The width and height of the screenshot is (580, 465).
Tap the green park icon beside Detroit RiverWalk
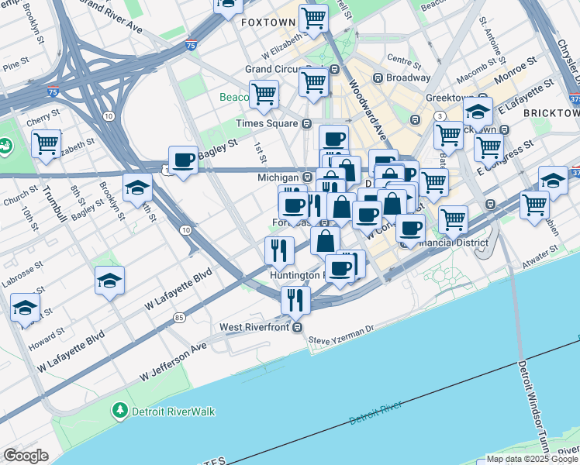point(119,410)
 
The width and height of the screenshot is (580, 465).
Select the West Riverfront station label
point(255,327)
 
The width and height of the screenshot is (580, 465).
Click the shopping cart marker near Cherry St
point(47,144)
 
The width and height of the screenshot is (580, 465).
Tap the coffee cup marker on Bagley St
point(184,160)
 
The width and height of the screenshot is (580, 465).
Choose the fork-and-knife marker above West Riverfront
point(295,299)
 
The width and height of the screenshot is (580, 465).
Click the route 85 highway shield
point(179,317)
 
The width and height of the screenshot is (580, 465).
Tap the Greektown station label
point(449,98)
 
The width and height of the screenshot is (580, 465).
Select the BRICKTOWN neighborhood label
point(551,113)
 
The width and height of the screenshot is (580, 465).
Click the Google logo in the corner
point(26,456)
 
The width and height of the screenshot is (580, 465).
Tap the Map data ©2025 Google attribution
point(532,459)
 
